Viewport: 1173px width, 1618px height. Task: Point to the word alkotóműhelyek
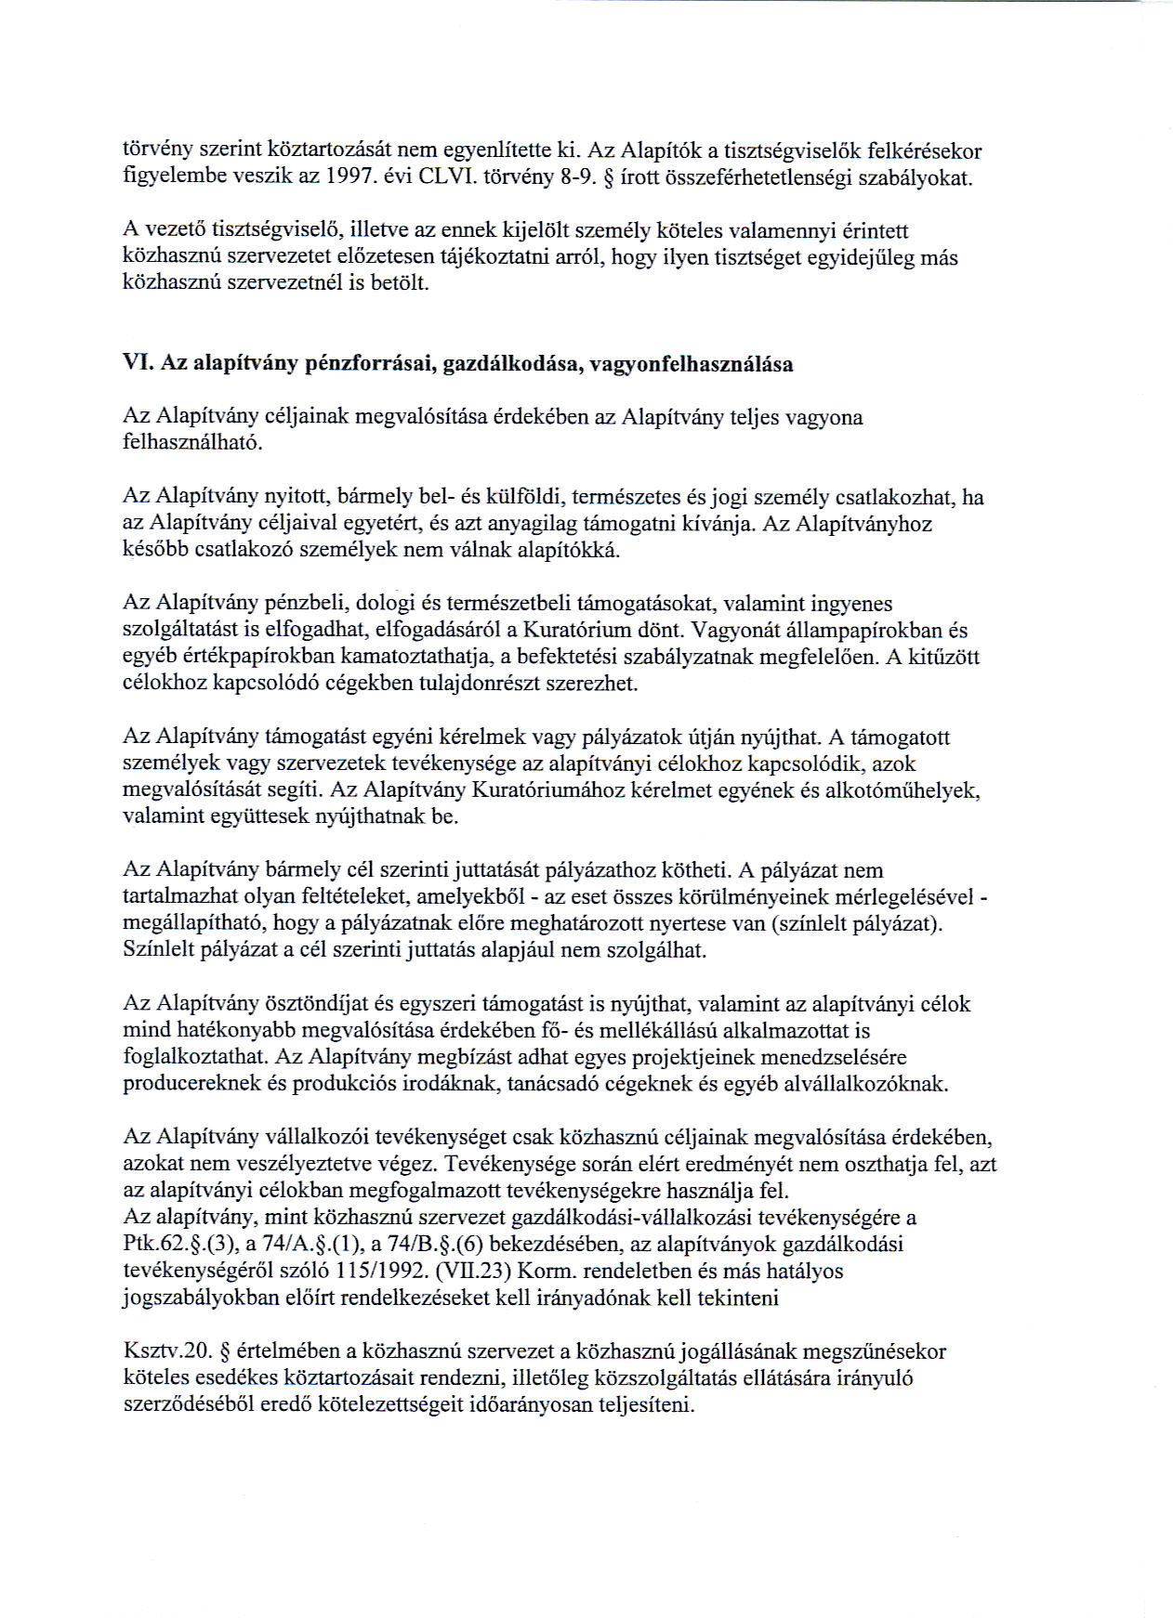tap(907, 790)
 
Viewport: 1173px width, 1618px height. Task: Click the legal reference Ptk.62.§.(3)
tap(176, 1244)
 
